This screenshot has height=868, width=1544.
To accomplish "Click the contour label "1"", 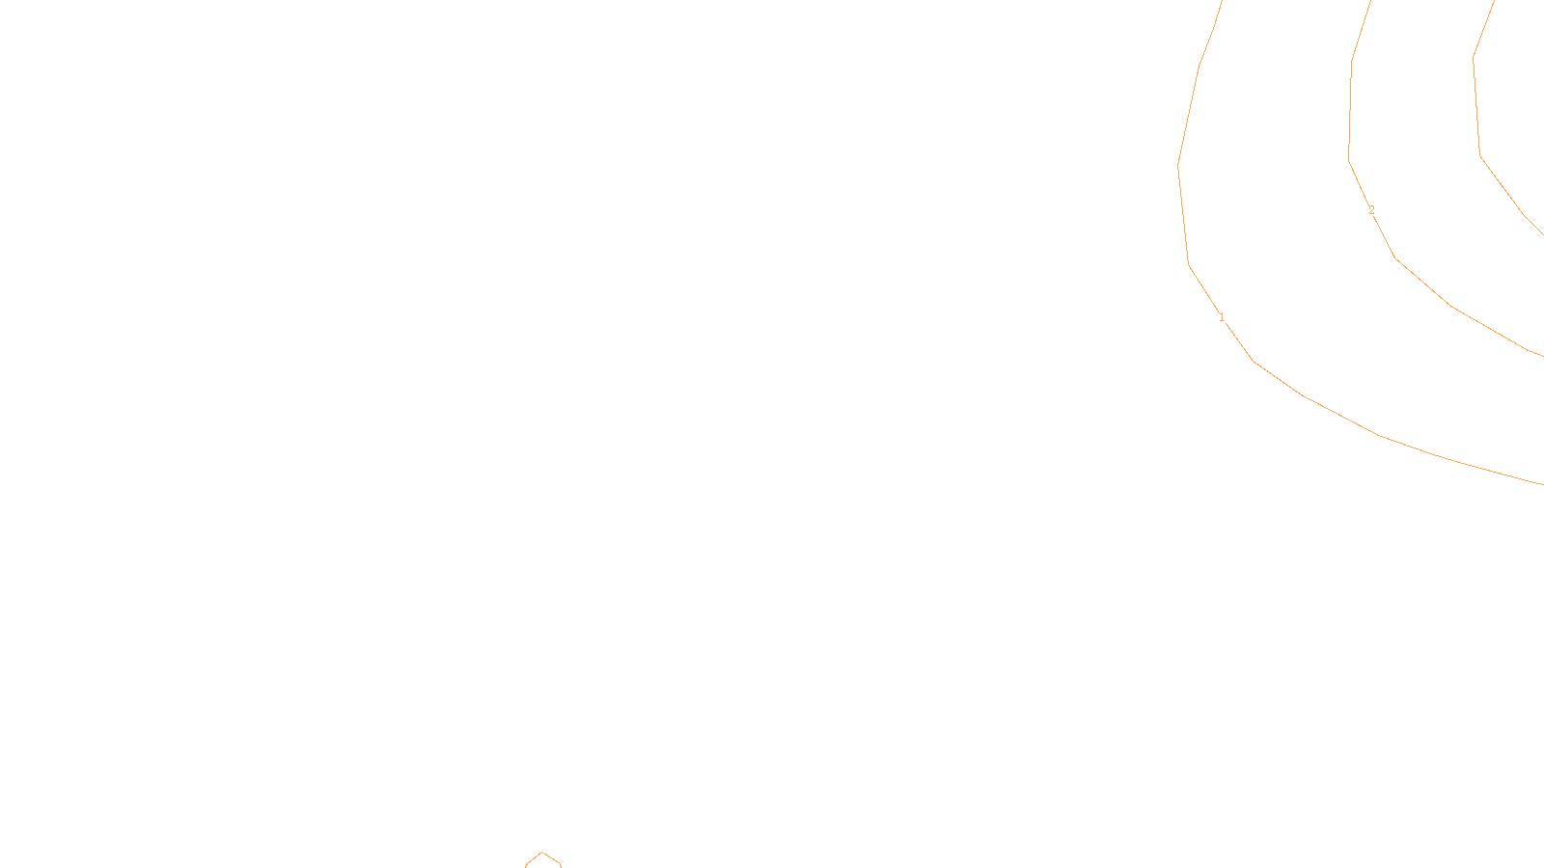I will (1222, 317).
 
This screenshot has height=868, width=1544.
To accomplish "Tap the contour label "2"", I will (1371, 210).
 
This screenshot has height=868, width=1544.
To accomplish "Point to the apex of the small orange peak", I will (542, 853).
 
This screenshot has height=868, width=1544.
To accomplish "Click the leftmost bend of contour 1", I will (1178, 165).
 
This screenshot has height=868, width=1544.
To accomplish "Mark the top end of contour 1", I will (1222, 2).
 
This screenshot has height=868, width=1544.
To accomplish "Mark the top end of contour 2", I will (1370, 2).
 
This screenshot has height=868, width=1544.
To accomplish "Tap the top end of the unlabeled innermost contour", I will (1494, 2).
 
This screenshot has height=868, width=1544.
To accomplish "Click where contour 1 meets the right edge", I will (1542, 483).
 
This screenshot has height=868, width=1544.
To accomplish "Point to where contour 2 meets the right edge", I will (1542, 356).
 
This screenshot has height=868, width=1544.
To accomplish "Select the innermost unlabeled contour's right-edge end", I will (1542, 234).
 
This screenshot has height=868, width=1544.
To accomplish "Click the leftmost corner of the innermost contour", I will (1474, 58).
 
